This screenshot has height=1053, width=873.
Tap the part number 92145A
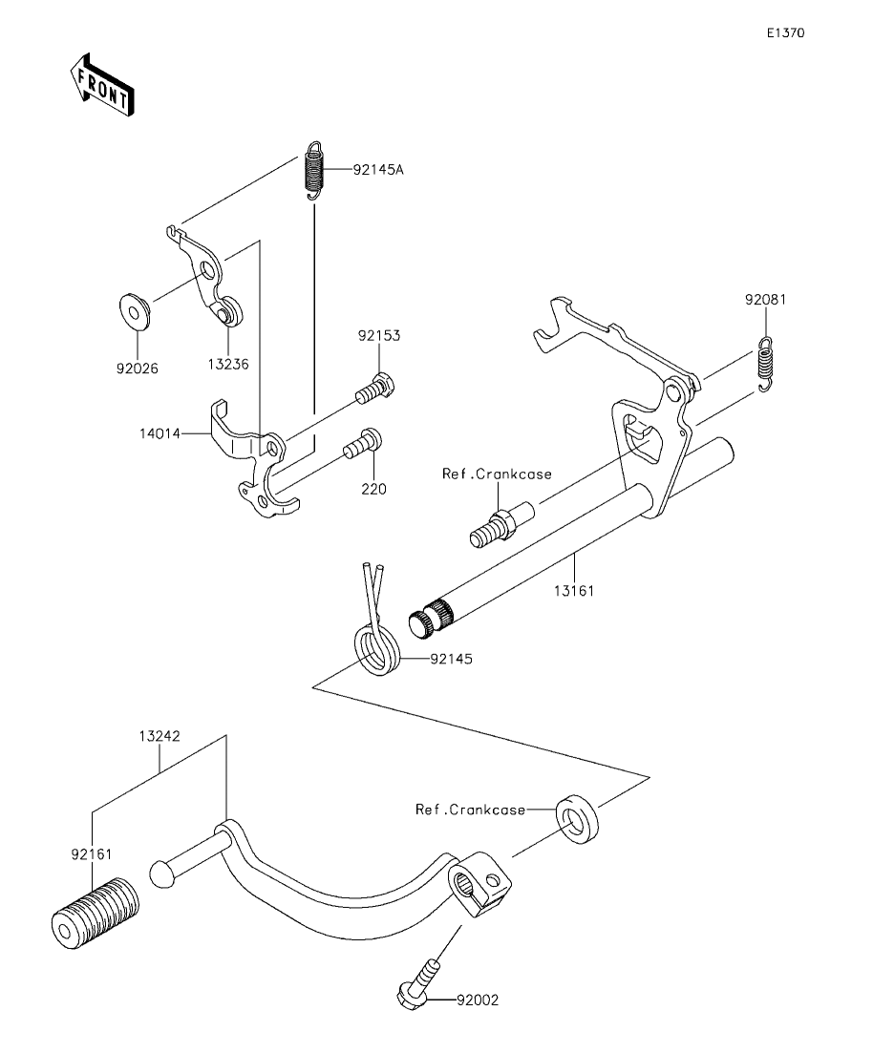pyautogui.click(x=378, y=170)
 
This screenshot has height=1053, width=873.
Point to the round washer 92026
pyautogui.click(x=135, y=311)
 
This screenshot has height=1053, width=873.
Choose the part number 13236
pyautogui.click(x=228, y=364)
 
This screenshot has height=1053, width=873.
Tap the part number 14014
pyautogui.click(x=160, y=433)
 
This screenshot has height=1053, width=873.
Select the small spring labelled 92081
pyautogui.click(x=765, y=363)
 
